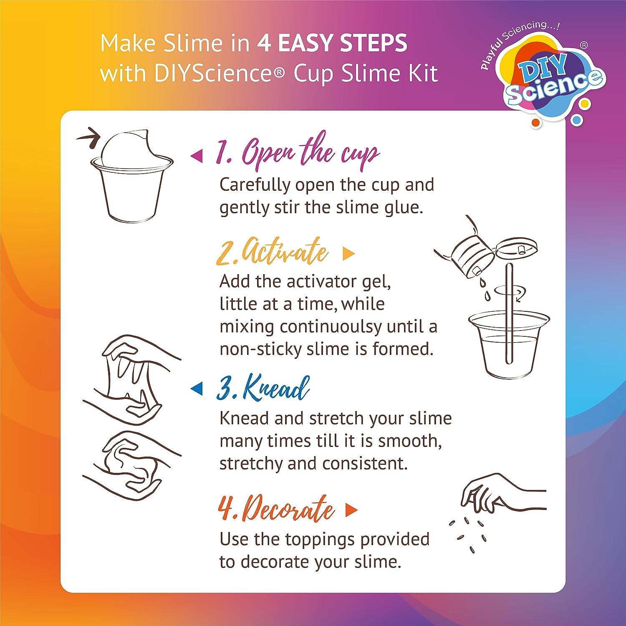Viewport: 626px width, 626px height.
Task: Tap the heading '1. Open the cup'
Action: pos(297,154)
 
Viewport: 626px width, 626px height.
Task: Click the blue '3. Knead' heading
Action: pos(263,389)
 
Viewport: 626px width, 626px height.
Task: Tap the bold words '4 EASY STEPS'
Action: pos(332,43)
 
